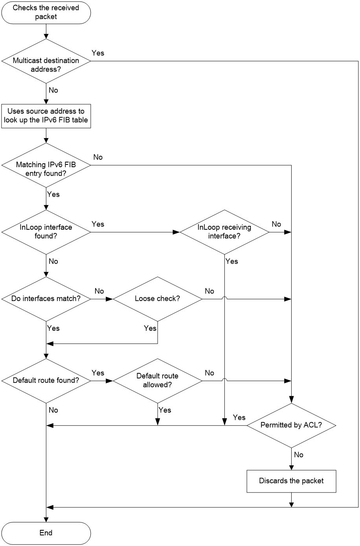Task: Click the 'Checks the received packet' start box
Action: [x=46, y=13]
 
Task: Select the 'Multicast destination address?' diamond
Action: [x=46, y=61]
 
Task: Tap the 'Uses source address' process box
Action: [x=46, y=116]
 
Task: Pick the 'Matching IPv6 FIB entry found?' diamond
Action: [x=46, y=165]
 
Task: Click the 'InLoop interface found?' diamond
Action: [x=46, y=232]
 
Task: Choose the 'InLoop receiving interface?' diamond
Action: [x=224, y=232]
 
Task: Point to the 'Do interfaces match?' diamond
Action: [x=46, y=299]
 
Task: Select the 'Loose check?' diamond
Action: [x=158, y=299]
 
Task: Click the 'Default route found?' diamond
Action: [x=46, y=381]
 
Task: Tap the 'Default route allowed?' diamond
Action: [x=158, y=381]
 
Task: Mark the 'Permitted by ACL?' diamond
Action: [x=291, y=426]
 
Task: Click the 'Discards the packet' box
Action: [x=291, y=481]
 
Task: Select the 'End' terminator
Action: [x=46, y=533]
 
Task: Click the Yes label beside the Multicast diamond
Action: [x=98, y=53]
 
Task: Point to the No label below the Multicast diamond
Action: [x=53, y=90]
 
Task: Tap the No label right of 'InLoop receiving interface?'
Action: [x=276, y=224]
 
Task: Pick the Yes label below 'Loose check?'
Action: [x=150, y=328]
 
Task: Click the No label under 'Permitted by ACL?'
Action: [x=299, y=455]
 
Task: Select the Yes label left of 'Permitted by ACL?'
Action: [x=239, y=417]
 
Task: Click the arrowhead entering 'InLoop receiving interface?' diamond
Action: [x=176, y=232]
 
